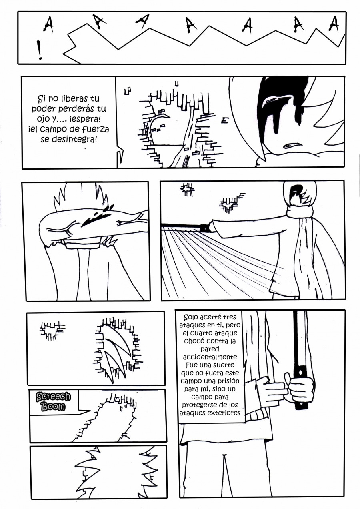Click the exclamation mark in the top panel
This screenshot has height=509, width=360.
click(40, 50)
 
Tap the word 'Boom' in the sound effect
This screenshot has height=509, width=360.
click(54, 406)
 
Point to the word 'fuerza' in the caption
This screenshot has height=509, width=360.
click(95, 129)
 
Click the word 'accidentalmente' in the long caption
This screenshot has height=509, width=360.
click(210, 357)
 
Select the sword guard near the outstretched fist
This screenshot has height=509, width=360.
click(204, 228)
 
